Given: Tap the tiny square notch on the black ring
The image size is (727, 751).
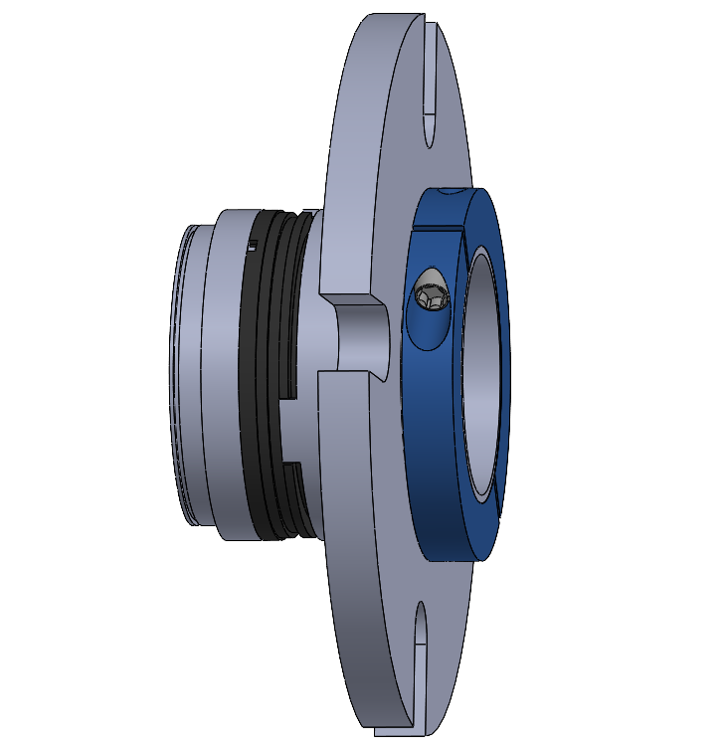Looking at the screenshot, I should pyautogui.click(x=253, y=245).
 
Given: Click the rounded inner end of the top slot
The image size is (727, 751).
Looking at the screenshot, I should pyautogui.click(x=430, y=134).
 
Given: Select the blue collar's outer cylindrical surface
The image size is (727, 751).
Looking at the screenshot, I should pyautogui.click(x=423, y=448).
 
